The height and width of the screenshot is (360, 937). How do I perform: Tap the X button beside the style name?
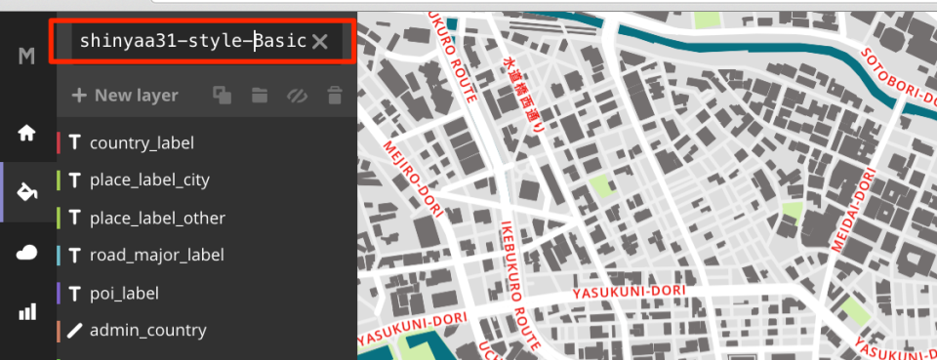pyautogui.click(x=320, y=41)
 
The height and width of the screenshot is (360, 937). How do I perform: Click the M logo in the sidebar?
pyautogui.click(x=27, y=57)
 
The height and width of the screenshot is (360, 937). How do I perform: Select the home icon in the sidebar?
pyautogui.click(x=27, y=133)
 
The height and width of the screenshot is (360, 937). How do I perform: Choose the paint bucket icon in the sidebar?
pyautogui.click(x=27, y=192)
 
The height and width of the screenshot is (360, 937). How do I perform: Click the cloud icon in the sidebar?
pyautogui.click(x=27, y=253)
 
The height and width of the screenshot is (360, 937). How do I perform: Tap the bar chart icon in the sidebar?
pyautogui.click(x=27, y=312)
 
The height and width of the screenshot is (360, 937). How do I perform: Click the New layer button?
pyautogui.click(x=125, y=96)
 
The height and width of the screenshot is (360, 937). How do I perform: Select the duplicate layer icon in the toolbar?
pyautogui.click(x=223, y=96)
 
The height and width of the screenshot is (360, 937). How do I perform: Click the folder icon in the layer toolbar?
pyautogui.click(x=259, y=96)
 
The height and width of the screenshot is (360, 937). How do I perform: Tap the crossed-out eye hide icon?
pyautogui.click(x=297, y=96)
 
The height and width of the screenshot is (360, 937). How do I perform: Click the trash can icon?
pyautogui.click(x=335, y=96)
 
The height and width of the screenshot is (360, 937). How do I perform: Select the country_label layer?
pyautogui.click(x=142, y=143)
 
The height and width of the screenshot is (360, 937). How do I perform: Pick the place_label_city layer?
pyautogui.click(x=149, y=180)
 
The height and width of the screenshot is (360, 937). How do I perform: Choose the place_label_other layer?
pyautogui.click(x=157, y=218)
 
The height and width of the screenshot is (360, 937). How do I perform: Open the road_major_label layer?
pyautogui.click(x=156, y=256)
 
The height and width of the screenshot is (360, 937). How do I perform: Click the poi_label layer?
pyautogui.click(x=124, y=293)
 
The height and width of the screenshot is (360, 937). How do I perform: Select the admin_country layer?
pyautogui.click(x=147, y=331)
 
